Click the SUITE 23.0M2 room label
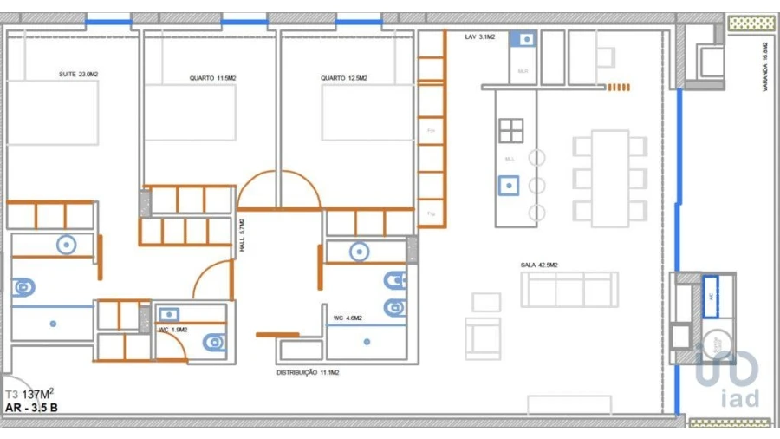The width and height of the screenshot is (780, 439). [x=78, y=75]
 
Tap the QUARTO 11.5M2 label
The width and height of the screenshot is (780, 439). [x=212, y=78]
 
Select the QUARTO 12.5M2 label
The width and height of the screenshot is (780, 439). [x=343, y=78]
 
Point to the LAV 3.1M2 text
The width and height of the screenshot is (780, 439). [x=479, y=37]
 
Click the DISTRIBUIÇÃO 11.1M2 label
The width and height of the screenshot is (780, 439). [x=307, y=372]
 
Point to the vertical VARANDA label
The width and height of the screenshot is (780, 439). [x=764, y=61]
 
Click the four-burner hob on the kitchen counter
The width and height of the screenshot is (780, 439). [x=510, y=130]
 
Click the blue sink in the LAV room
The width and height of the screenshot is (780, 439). [x=523, y=38]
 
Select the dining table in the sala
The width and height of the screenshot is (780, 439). [x=610, y=178]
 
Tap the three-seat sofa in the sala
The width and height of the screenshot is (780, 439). [x=569, y=289]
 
